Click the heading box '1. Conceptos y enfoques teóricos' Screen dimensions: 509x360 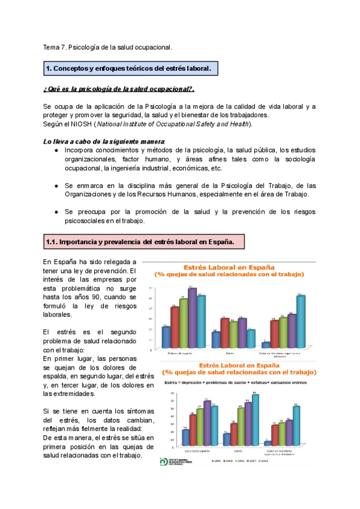click(130, 69)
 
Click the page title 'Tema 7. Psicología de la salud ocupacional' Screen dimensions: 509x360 click(108, 47)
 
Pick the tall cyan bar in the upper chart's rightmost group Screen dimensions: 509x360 click(301, 321)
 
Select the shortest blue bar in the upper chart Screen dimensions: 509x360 click(266, 345)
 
